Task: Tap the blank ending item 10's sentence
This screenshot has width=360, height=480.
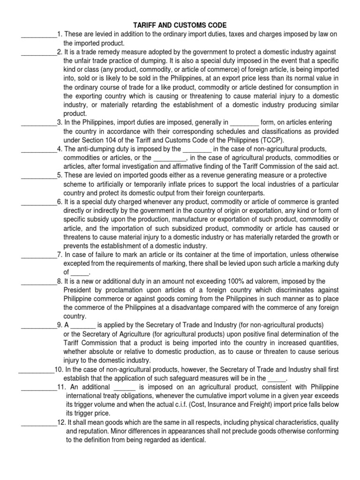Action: (276, 378)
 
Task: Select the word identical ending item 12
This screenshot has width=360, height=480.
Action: (191, 440)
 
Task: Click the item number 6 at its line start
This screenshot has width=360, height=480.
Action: (60, 202)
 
